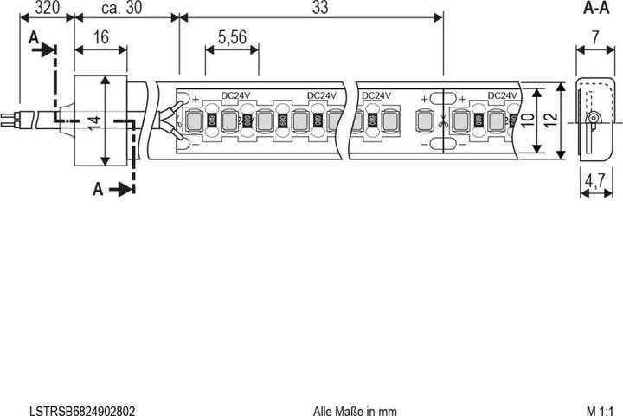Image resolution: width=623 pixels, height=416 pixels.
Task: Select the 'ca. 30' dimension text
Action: coord(123,8)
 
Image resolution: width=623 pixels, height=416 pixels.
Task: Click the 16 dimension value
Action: coord(100,37)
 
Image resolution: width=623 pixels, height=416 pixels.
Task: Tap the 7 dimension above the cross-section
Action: coord(594,37)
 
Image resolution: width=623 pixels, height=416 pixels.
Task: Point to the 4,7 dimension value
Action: coord(594,182)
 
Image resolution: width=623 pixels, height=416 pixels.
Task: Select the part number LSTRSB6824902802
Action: coord(81,408)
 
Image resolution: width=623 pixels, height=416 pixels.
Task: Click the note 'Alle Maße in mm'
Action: coord(355,408)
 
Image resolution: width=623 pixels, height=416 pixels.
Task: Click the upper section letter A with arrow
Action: coord(35,40)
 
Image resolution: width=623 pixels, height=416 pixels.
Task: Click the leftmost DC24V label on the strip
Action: coord(236,95)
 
